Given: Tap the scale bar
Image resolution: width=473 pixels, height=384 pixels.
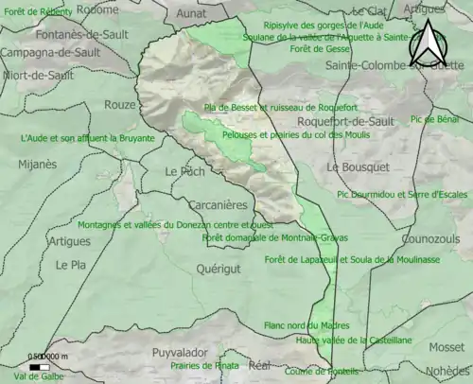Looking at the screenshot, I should click(40, 365).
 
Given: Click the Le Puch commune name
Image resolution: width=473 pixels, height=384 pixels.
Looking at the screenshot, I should click(184, 172).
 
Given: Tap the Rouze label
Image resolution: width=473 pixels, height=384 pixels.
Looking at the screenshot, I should click(120, 105).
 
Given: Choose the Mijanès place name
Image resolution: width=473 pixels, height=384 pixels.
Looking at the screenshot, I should click(37, 164).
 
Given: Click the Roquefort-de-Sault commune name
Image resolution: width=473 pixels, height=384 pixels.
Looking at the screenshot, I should click(345, 122).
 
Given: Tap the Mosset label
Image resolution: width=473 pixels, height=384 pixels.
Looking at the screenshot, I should click(447, 347).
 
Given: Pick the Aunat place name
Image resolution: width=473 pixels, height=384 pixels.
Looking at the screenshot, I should click(191, 15).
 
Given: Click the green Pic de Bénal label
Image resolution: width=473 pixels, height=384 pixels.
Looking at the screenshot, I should click(436, 120).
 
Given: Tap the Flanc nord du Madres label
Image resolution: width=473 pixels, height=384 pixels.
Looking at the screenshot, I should click(307, 325).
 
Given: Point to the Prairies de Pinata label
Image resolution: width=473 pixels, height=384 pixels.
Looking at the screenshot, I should click(204, 365).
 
